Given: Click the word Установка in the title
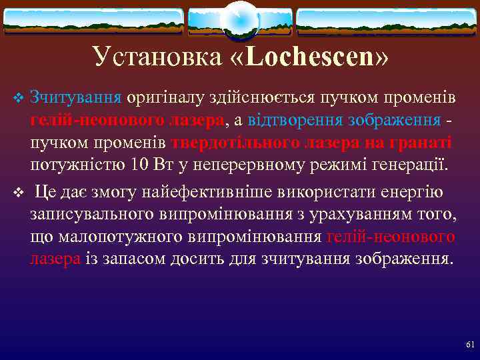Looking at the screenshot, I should pos(157,57).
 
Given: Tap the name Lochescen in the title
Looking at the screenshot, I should pos(310,57).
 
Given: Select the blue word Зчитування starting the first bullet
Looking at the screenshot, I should pos(75,99).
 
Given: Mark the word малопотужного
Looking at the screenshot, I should pos(114,237).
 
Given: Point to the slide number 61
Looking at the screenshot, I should pos(469,345).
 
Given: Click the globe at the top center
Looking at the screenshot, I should pos(240,21).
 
